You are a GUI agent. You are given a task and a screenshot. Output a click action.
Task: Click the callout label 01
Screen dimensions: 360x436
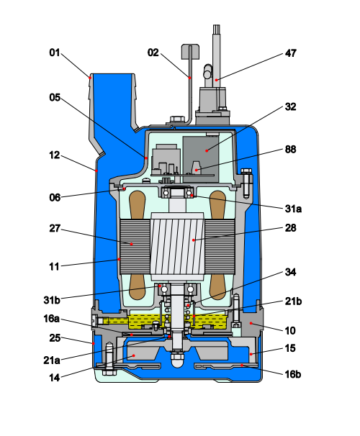pyautogui.click(x=55, y=53)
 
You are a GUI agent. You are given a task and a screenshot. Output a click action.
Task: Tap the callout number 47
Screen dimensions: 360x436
pyautogui.click(x=291, y=53)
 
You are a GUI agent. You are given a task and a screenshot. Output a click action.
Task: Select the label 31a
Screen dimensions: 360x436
pyautogui.click(x=293, y=209)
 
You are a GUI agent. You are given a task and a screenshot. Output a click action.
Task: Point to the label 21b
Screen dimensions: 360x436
pyautogui.click(x=293, y=301)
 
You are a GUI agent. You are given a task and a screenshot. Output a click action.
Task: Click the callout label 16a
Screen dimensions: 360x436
pyautogui.click(x=51, y=319)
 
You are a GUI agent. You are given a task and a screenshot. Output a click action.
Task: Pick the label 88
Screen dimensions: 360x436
pyautogui.click(x=291, y=150)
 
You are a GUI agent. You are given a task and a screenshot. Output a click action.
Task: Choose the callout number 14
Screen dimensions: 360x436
pyautogui.click(x=55, y=378)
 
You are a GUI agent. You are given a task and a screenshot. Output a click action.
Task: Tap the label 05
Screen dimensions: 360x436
pyautogui.click(x=55, y=97)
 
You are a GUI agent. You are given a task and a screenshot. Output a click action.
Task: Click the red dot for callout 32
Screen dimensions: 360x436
pyautogui.click(x=207, y=150)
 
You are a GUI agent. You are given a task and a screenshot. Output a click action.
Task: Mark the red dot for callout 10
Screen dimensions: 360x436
pyautogui.click(x=251, y=323)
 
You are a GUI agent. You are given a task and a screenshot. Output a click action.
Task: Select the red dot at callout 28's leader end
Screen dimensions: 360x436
pyautogui.click(x=194, y=240)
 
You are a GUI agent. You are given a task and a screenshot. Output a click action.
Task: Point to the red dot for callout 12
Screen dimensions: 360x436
pyautogui.click(x=96, y=171)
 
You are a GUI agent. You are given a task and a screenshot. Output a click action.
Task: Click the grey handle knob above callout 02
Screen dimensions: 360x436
pyautogui.click(x=190, y=51)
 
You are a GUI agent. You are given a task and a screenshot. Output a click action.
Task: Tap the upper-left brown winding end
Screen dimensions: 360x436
pyautogui.click(x=138, y=204)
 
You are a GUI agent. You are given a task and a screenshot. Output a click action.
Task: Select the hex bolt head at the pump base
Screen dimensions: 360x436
pyautogui.click(x=109, y=372)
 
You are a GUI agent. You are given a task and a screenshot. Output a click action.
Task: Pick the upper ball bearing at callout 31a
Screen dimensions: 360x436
pyautogui.click(x=178, y=192)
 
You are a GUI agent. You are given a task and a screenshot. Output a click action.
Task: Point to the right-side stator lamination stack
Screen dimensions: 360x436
pyautogui.click(x=220, y=247)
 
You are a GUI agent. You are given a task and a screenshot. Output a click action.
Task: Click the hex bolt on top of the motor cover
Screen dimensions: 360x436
pyautogui.click(x=176, y=119)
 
